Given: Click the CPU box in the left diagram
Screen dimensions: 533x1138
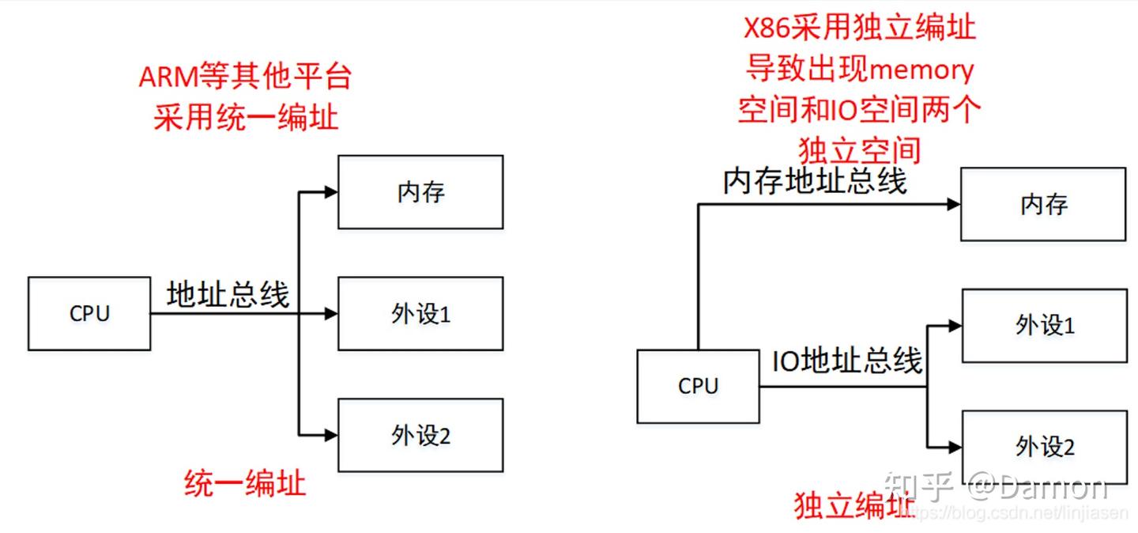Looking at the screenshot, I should click(x=89, y=313).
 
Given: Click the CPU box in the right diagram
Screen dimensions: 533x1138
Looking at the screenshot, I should click(x=698, y=386).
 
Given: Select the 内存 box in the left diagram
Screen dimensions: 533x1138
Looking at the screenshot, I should click(x=420, y=192).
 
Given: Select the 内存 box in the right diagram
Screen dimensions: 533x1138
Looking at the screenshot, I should click(x=1043, y=204).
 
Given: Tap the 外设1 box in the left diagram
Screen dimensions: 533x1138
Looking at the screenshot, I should click(x=420, y=314).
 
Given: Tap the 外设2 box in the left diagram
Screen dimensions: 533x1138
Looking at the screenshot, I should click(x=420, y=435).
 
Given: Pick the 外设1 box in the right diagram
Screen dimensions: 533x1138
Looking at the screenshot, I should click(x=1044, y=325).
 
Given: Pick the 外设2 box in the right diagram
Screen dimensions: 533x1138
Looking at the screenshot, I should click(x=1044, y=447).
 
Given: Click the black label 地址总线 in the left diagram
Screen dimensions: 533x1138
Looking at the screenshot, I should click(x=228, y=294).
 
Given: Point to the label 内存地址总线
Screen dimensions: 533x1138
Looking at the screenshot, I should click(x=815, y=182).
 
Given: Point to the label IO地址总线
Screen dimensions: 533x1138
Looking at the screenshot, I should click(x=846, y=361).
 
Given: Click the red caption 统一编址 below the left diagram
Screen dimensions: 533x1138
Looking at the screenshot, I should click(x=244, y=482).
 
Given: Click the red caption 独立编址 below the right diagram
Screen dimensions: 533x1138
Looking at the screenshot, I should click(x=854, y=505).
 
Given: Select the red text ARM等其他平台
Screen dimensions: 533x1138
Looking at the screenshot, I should click(x=245, y=78).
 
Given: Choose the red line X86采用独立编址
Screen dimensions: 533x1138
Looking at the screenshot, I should click(x=860, y=28).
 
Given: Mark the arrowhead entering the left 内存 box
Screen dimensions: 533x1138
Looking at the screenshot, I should click(x=331, y=192).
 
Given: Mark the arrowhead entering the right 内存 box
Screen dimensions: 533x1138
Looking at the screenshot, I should click(x=954, y=204).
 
